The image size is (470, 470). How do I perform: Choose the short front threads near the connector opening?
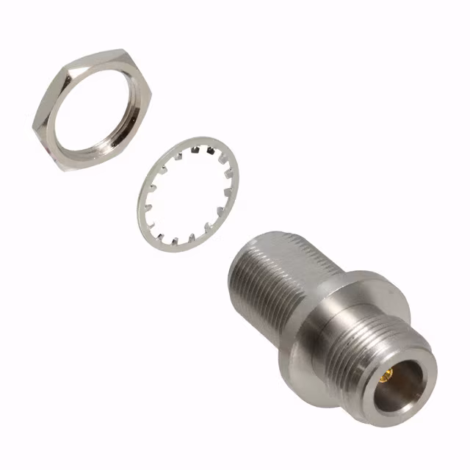[x=367, y=345]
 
